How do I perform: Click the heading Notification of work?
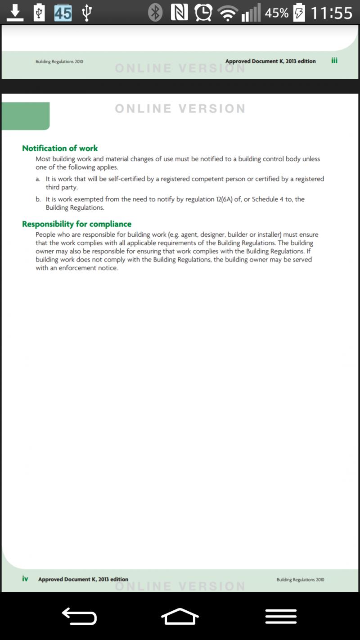point(60,148)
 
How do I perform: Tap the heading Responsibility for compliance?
point(76,224)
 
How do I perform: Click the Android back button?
point(79,616)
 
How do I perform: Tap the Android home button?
point(180,616)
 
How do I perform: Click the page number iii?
point(334,61)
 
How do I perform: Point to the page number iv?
point(25,579)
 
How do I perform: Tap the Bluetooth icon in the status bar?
point(155,13)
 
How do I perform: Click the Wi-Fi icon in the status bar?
point(228,13)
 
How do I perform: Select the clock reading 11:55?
point(332,13)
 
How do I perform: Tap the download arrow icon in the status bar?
point(15,13)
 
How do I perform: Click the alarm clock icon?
point(203,13)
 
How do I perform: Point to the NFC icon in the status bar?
point(180,13)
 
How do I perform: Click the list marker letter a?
point(38,179)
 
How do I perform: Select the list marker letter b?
point(38,199)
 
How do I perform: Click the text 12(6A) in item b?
point(221,199)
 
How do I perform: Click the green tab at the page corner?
point(26,116)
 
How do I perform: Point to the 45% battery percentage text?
point(277,13)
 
